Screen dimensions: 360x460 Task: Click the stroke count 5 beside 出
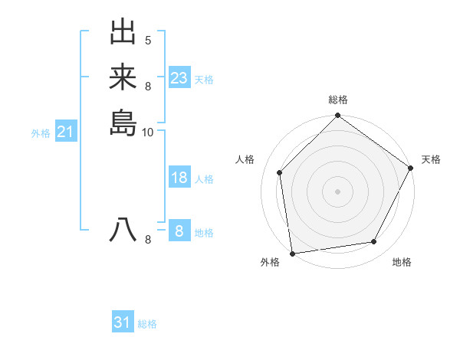coord(148,40)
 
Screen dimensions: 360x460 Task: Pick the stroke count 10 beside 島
coord(148,132)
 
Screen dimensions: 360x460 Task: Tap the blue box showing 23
coord(179,78)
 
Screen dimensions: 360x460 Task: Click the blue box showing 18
coord(179,178)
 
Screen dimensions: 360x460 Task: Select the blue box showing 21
coord(66,132)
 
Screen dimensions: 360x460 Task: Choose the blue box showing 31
coord(123,322)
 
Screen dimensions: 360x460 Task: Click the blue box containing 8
coord(179,231)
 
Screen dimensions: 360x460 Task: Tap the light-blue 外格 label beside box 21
coord(41,133)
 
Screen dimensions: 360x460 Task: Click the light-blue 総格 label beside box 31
coord(147,324)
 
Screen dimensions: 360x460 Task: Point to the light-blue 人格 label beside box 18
coord(204,179)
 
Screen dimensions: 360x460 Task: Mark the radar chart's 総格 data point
coord(337,116)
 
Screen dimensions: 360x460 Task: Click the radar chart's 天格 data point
coord(410,168)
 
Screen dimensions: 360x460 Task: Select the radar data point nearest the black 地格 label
coord(374,241)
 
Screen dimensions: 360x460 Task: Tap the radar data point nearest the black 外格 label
coord(292,253)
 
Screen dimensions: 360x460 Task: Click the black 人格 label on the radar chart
coord(245,159)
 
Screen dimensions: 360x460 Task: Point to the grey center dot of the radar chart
coord(337,191)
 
